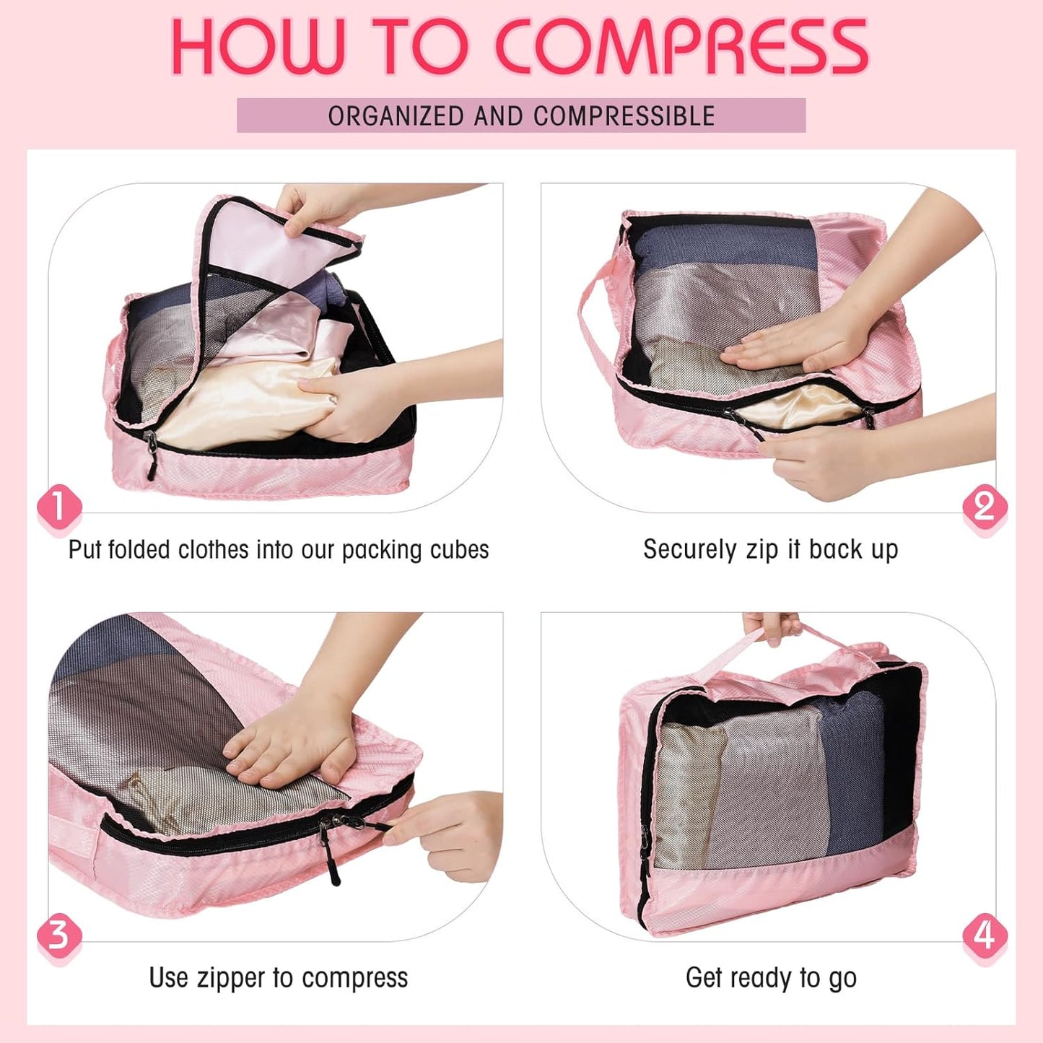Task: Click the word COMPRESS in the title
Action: pos(682,48)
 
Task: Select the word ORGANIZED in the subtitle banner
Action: pos(396,116)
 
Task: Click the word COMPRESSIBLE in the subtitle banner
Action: pos(624,116)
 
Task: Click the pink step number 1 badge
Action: pos(58,507)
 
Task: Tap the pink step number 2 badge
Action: pos(985,507)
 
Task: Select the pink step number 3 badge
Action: pos(58,935)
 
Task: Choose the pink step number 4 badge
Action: pos(985,935)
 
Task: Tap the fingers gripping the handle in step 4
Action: pos(771,627)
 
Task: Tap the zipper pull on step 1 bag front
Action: pos(151,451)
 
